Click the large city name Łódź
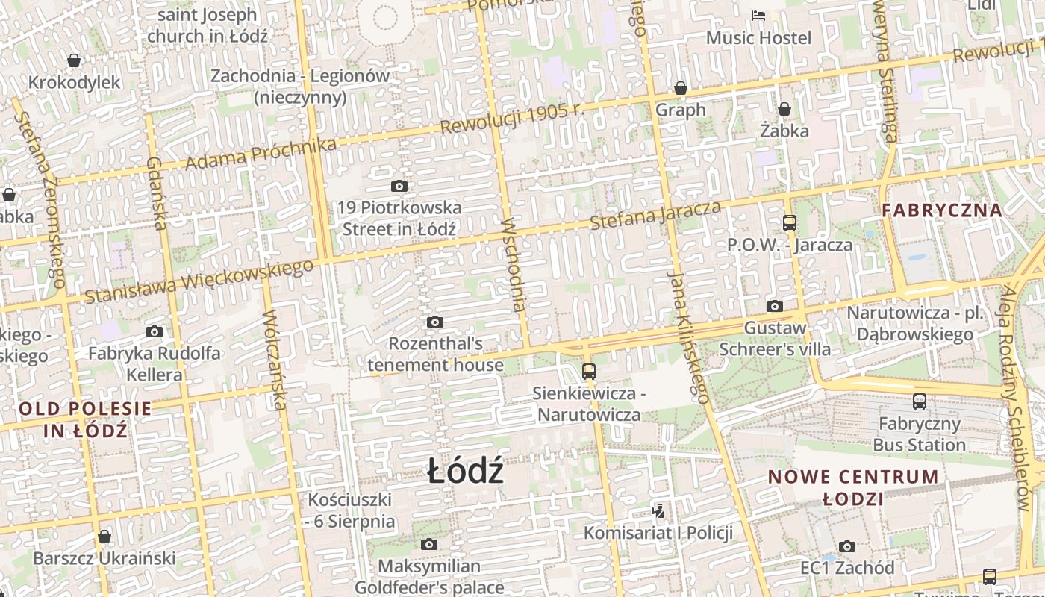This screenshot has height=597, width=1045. tap(466, 472)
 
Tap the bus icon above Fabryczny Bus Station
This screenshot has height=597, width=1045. tap(920, 401)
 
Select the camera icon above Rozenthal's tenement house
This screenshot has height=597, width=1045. tap(435, 322)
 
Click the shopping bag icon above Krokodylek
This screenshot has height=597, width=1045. tap(74, 60)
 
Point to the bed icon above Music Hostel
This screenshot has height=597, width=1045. tap(758, 15)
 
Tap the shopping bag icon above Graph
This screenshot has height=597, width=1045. tap(681, 88)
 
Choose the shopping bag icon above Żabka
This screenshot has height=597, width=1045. tap(784, 110)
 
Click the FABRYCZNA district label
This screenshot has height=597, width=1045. tap(942, 210)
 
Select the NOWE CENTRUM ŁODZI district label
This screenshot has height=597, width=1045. tap(854, 487)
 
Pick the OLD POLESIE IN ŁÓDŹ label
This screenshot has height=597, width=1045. tap(85, 419)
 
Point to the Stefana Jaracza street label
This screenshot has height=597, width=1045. tap(655, 214)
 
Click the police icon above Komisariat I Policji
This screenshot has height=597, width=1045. tap(658, 511)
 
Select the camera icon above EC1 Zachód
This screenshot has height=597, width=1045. tap(846, 546)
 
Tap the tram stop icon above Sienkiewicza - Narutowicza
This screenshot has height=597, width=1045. tap(589, 371)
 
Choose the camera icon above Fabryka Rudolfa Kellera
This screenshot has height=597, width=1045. tap(155, 332)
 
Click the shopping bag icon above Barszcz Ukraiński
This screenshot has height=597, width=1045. tap(104, 537)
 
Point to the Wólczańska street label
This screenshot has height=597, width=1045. tap(274, 360)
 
